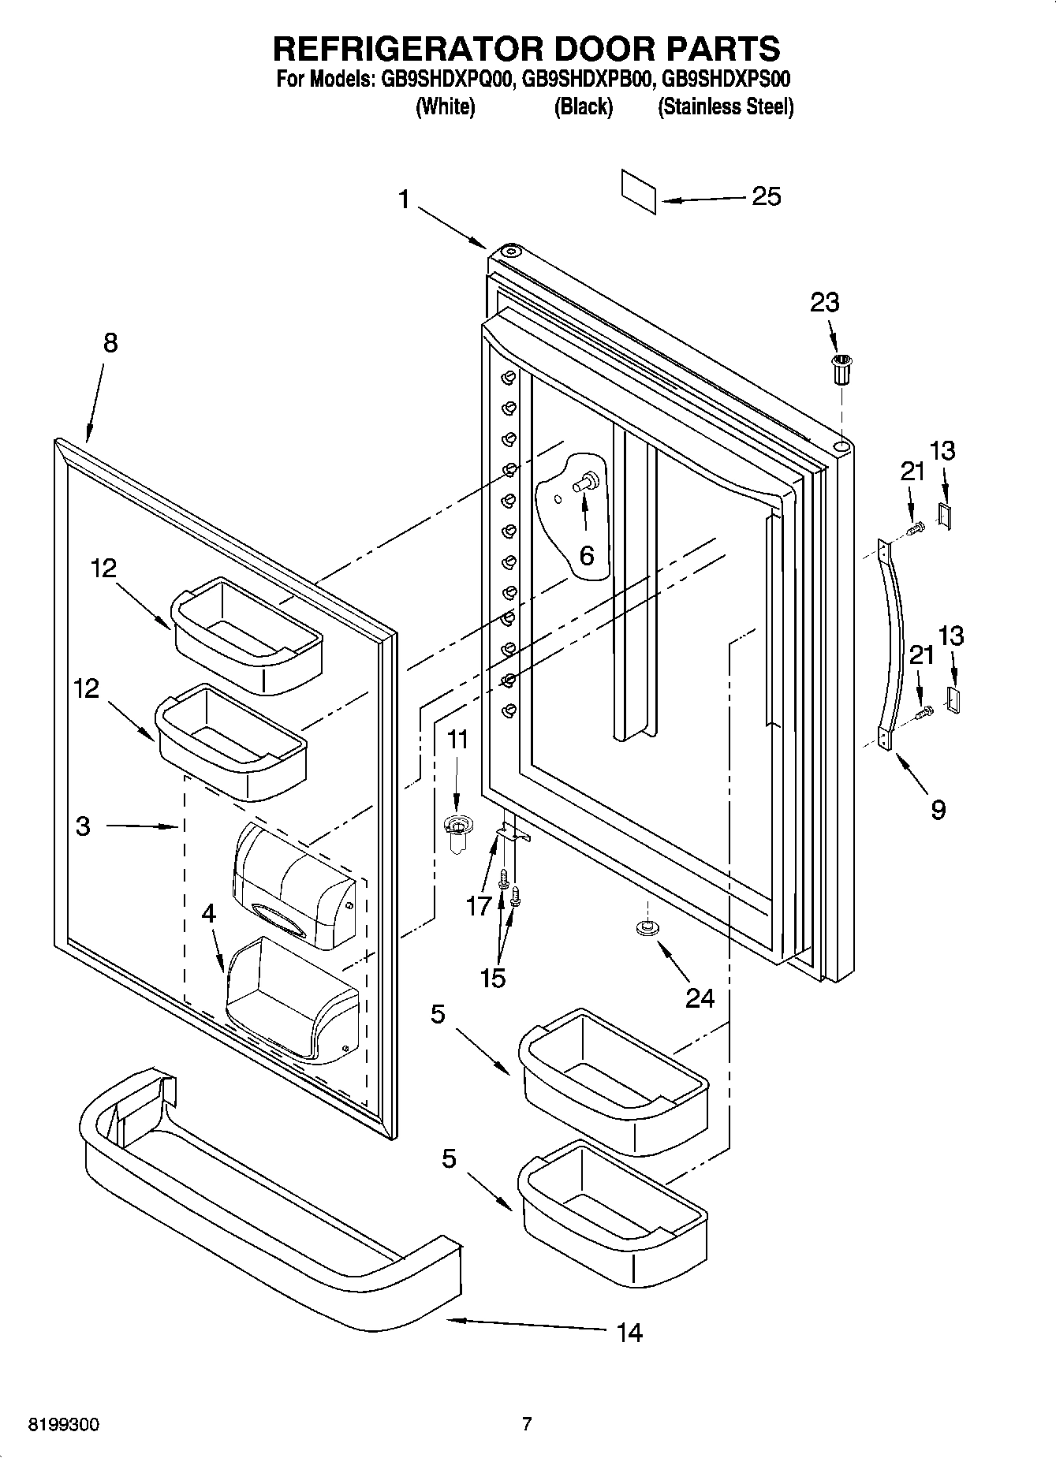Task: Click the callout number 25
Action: click(766, 196)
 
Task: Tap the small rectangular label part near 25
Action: click(639, 191)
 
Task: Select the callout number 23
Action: click(825, 302)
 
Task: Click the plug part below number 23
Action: click(842, 369)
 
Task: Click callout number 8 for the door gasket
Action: click(110, 343)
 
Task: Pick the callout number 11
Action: click(457, 740)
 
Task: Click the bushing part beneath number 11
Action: click(455, 831)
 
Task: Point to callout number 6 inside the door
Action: click(586, 555)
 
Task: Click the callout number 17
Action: click(479, 906)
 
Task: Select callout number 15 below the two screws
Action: click(492, 978)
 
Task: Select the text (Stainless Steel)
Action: click(726, 107)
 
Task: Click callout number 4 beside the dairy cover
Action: click(208, 913)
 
